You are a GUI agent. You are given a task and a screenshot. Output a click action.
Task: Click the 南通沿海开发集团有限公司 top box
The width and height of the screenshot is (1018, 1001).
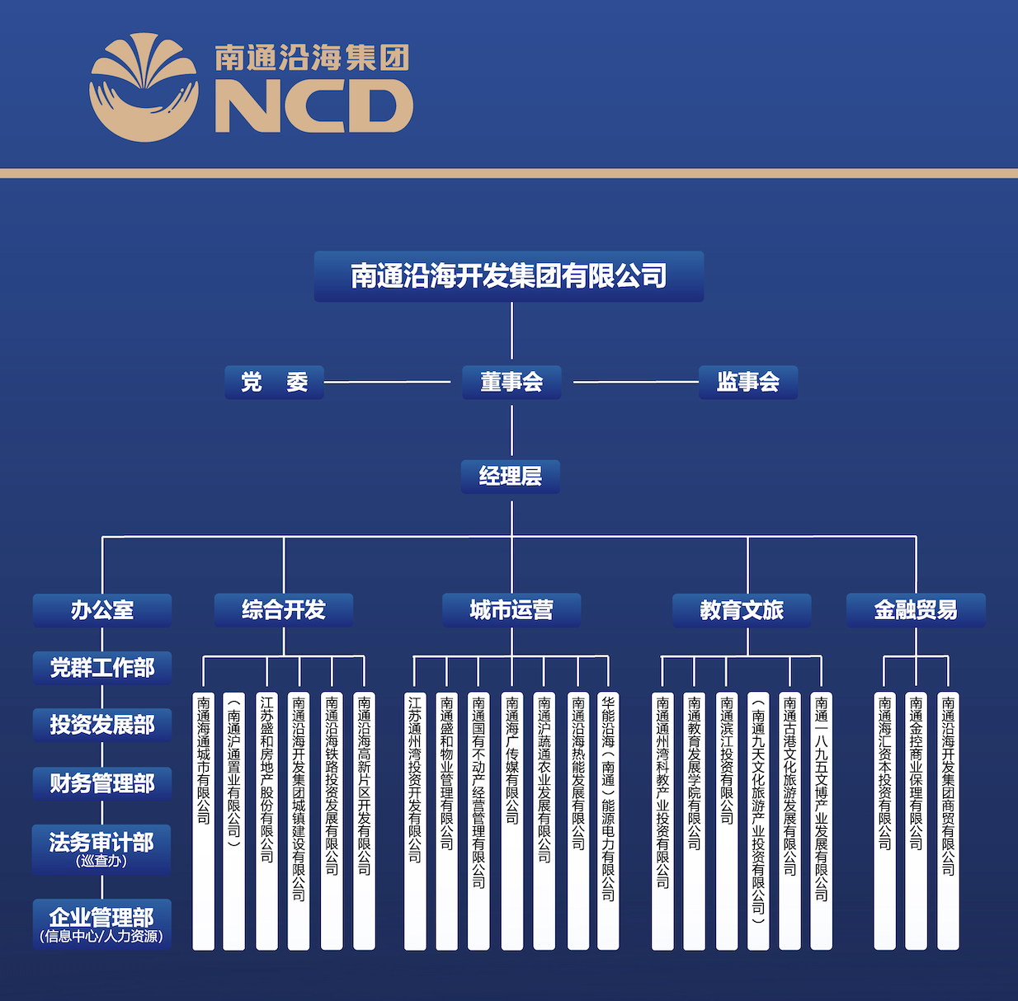(508, 276)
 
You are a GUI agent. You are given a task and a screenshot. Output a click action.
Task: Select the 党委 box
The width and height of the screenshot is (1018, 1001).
(274, 383)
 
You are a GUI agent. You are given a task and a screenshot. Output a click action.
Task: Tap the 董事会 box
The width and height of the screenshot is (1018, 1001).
(511, 383)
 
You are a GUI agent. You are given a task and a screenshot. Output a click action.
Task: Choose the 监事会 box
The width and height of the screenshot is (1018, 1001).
(747, 383)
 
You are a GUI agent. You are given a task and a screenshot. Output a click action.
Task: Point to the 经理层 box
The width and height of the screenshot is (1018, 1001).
(511, 477)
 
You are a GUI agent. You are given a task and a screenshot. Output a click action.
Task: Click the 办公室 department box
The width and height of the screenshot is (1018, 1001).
(102, 610)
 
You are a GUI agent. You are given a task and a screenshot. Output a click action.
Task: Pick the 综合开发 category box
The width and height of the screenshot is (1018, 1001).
(284, 610)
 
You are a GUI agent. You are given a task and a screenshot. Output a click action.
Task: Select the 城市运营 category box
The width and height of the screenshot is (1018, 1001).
(511, 610)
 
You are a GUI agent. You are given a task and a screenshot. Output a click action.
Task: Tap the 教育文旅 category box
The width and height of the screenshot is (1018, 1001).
(742, 610)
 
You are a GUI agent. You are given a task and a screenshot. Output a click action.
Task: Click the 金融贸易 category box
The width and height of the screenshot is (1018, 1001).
(916, 610)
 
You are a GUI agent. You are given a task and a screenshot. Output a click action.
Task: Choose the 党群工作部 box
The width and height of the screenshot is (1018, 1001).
(102, 668)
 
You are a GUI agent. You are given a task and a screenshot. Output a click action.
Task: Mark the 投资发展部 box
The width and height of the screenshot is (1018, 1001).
(102, 725)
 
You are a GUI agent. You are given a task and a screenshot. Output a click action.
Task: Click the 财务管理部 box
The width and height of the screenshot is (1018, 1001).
(102, 783)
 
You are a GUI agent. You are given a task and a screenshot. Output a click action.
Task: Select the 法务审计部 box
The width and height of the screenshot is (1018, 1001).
(102, 848)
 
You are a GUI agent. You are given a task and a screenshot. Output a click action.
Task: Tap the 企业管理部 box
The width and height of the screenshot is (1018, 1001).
(102, 923)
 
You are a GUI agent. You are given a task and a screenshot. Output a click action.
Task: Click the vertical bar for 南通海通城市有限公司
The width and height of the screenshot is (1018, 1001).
(203, 820)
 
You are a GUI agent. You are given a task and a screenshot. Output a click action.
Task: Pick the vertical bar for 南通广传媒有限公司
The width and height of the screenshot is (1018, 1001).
(512, 820)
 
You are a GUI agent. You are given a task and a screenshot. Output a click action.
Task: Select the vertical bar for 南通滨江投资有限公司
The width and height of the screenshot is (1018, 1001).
(727, 820)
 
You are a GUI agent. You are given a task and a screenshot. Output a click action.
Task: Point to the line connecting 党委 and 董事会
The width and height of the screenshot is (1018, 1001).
(388, 383)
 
